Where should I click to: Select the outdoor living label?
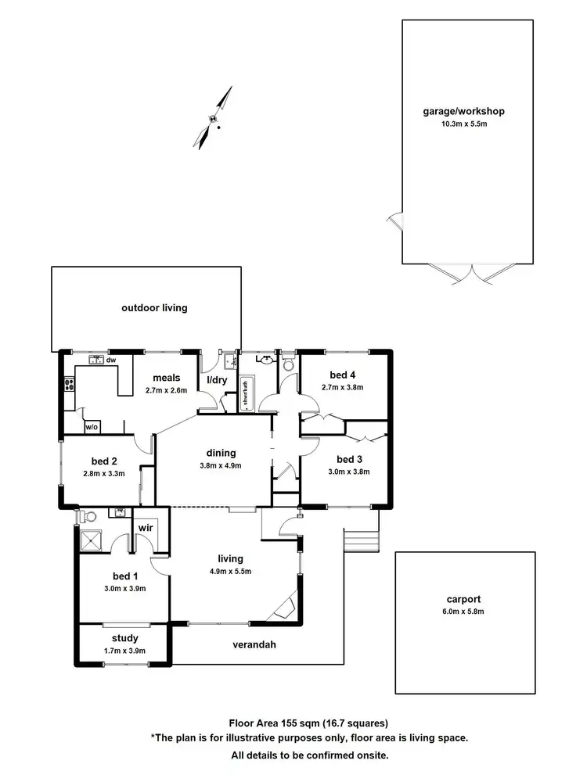154,307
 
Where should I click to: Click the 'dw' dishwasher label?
111,360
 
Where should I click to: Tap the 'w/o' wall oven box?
92,427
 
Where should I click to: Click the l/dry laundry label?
215,381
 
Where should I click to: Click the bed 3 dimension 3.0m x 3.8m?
348,472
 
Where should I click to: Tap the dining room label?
221,453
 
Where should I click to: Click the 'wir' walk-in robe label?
145,528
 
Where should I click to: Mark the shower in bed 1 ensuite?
92,541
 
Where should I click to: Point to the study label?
124,638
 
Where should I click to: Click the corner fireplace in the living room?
283,608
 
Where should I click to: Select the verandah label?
255,645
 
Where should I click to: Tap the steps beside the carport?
360,541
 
